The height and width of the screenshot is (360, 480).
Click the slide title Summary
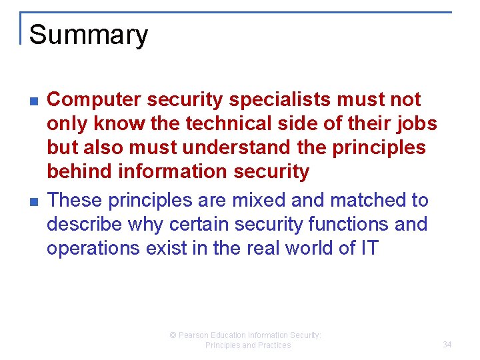(89, 35)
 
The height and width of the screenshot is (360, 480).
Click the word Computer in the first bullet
(94, 100)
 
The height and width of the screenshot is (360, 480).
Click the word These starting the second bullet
(75, 200)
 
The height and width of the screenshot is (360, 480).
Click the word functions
(345, 224)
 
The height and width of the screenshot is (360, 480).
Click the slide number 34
(447, 345)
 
